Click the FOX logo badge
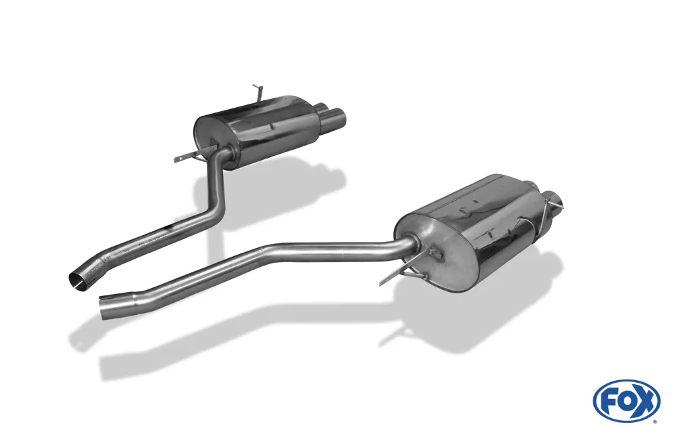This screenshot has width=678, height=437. pos(626,400)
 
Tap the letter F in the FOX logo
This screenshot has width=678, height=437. pos(609,401)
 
